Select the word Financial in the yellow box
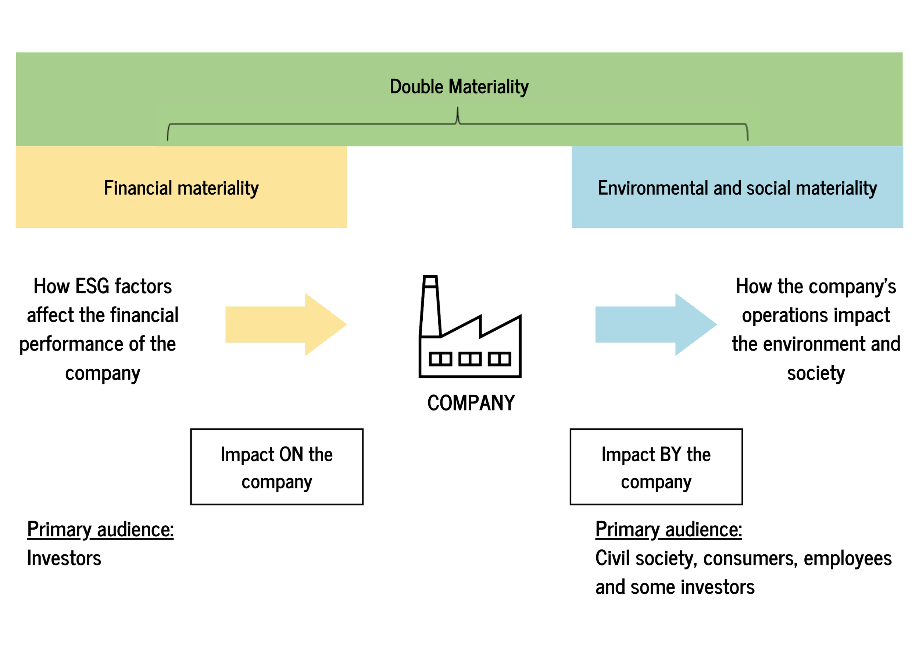click(138, 188)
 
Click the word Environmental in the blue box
click(653, 188)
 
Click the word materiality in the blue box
click(836, 188)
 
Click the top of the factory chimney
click(430, 276)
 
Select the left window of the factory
click(441, 359)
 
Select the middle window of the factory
click(470, 359)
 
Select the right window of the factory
click(500, 359)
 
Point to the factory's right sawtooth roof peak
click(521, 315)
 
